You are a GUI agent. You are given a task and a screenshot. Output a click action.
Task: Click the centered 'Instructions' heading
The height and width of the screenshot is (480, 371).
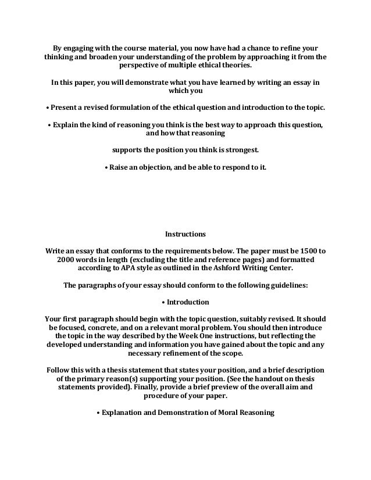(185, 235)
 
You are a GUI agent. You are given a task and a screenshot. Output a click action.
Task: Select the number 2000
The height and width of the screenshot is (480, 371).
(68, 260)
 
